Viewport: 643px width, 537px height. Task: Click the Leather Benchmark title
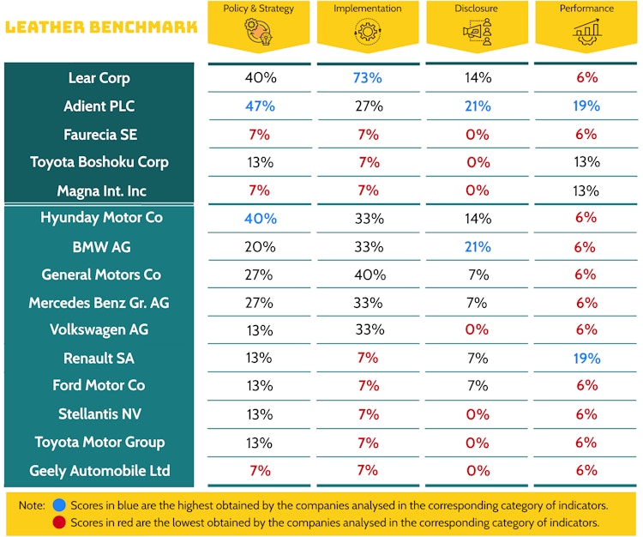100,27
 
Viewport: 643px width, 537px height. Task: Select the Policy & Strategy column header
258,9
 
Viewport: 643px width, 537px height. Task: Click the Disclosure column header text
477,9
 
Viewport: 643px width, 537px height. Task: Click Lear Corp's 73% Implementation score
368,78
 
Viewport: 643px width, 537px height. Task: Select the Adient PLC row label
99,106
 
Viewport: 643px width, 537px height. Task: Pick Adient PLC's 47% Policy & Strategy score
259,106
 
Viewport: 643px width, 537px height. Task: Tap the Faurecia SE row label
99,135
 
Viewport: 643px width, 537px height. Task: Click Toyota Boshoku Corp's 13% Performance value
587,162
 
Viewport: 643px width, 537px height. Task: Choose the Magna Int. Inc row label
99,190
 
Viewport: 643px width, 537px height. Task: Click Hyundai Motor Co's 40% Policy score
259,219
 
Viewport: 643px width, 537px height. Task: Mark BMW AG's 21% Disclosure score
478,247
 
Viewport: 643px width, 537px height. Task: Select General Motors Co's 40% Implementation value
368,275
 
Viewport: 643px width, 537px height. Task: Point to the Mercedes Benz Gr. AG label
99,303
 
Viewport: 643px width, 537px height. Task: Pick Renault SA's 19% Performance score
587,359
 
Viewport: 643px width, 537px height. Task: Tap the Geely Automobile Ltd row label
99,471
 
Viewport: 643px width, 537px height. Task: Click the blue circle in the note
58,505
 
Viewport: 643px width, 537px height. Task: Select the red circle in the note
58,522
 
